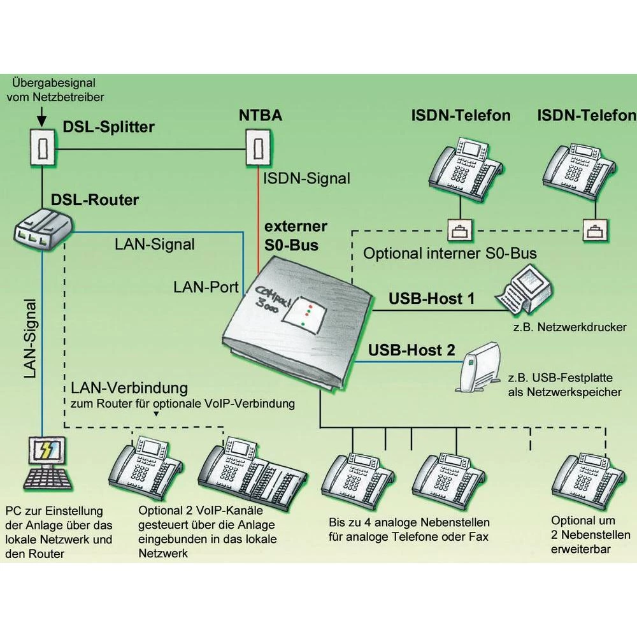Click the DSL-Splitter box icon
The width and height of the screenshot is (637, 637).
pos(41,148)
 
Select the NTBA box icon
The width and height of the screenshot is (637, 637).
pos(257,148)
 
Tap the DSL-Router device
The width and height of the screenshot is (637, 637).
pos(43,228)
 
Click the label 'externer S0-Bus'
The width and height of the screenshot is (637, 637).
pos(296,234)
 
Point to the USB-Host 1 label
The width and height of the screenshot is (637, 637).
pos(431,299)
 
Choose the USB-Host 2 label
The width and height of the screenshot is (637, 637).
pos(412,350)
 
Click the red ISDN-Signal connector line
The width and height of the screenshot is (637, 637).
pos(257,217)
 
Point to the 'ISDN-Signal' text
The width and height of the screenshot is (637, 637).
pos(306,179)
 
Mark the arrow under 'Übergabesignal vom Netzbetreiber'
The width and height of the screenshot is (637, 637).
pos(41,117)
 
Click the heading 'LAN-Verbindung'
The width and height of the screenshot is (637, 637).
pos(129,388)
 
